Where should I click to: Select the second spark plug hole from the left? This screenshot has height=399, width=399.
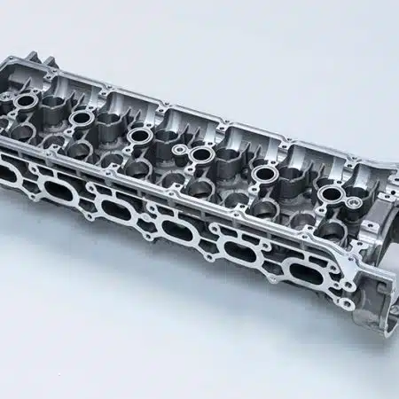[82, 116]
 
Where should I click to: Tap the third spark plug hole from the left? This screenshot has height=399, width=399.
[139, 136]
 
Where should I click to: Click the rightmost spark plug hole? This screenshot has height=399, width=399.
[330, 193]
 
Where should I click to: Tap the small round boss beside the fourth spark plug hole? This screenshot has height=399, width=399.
[181, 152]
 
